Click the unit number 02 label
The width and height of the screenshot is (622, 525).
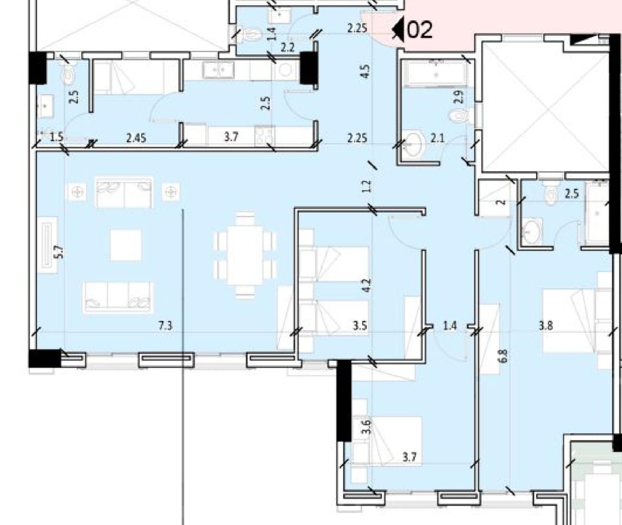click(x=420, y=30)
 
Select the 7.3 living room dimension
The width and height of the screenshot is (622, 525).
click(x=165, y=325)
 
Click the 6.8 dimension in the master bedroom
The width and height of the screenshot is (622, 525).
click(x=504, y=356)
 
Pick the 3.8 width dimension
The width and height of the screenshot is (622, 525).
click(x=546, y=325)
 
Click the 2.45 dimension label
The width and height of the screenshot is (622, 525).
click(x=136, y=137)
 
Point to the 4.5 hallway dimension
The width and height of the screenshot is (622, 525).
click(x=365, y=71)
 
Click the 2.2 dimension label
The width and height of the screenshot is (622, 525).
click(x=288, y=47)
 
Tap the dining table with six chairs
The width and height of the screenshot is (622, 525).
click(x=245, y=255)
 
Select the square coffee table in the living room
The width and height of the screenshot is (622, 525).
click(x=126, y=245)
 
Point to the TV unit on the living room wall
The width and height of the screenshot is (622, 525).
click(x=47, y=245)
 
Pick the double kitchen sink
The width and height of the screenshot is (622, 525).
click(x=218, y=70)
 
